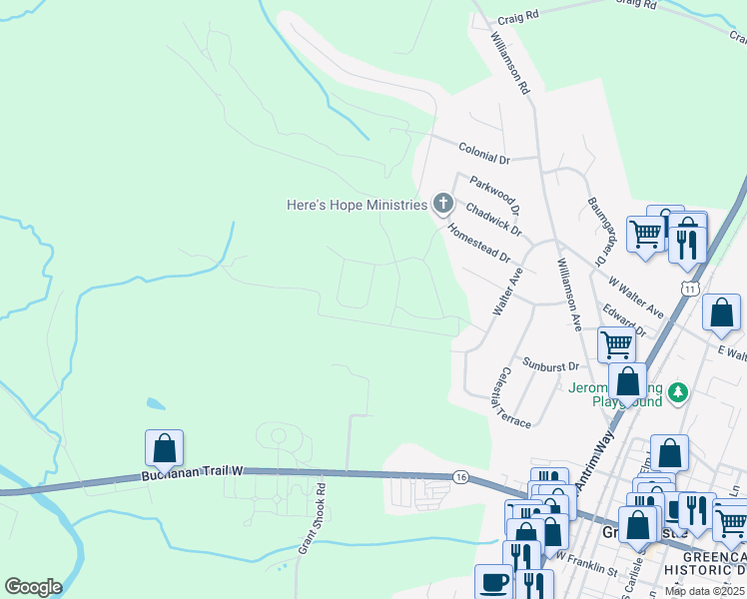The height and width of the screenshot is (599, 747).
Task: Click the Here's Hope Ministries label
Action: point(357,205)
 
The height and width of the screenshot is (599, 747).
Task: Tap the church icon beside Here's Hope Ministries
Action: point(442,205)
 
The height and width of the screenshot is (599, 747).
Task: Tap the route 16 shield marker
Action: point(460,477)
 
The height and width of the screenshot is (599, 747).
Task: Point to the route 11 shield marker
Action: point(690,288)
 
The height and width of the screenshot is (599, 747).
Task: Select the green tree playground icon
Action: point(679,390)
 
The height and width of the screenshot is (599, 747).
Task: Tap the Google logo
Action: point(33,587)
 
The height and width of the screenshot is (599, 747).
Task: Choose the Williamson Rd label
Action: point(508,62)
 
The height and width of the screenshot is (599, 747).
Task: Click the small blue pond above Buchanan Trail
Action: point(155,404)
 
